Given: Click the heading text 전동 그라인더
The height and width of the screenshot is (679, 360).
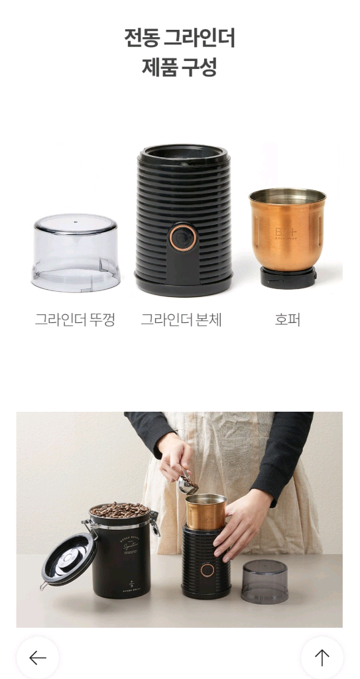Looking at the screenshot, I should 180,38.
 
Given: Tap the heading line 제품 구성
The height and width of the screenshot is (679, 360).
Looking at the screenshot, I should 180,67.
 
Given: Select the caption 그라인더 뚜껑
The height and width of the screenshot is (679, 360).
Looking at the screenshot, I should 75,320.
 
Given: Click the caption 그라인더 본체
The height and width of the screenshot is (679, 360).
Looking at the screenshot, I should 181,320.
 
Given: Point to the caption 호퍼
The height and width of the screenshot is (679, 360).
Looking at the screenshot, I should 287,320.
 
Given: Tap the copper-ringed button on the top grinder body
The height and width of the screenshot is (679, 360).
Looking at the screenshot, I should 182,237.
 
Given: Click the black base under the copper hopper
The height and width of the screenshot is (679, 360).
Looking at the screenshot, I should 287,277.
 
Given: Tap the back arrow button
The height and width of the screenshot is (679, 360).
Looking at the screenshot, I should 38,657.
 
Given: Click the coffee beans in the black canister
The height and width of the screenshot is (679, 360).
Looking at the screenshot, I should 119,510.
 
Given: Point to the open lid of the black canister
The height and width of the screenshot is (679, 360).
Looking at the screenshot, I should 68,558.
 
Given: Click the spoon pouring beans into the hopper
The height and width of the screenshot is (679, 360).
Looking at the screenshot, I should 186,485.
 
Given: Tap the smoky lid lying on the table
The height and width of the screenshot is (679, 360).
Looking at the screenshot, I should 265,582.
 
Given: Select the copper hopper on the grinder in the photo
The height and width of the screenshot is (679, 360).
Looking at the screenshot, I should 205,511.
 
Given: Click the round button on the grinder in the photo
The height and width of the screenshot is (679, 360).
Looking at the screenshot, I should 208,570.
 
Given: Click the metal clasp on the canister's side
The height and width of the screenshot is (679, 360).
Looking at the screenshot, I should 154,523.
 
